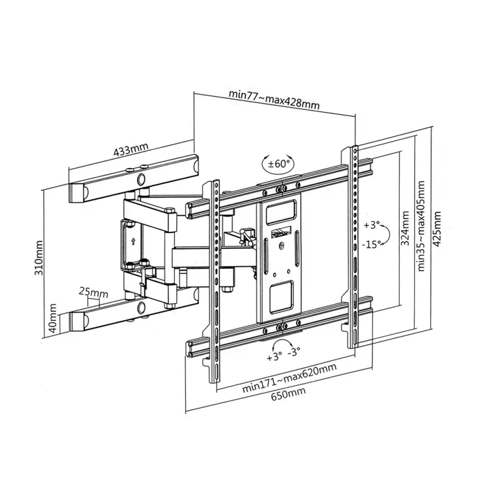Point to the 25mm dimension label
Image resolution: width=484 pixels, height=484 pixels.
pos(93,292)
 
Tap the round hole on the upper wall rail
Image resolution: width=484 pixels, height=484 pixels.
pos(142,180)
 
